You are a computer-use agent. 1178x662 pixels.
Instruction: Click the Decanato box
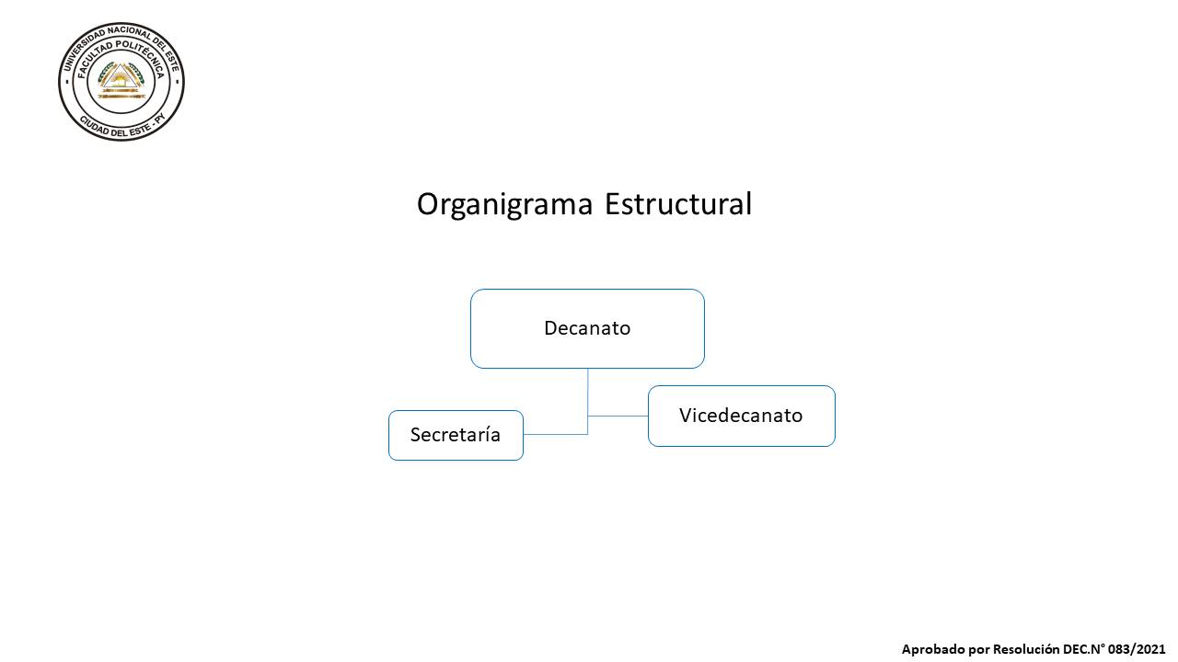point(587,328)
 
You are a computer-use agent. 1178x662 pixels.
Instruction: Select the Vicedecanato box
point(742,417)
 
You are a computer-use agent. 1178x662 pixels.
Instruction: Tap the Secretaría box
point(456,436)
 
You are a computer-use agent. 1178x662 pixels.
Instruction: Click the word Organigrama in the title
point(505,204)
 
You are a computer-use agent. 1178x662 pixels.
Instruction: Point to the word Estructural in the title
point(678,204)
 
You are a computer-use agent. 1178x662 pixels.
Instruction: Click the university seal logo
point(121,82)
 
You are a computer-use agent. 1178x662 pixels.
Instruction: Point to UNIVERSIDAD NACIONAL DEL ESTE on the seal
point(121,40)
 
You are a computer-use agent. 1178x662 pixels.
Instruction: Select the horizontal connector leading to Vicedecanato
point(618,417)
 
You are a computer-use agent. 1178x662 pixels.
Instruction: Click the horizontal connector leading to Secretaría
point(555,435)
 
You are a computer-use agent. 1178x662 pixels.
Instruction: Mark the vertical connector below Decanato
point(587,402)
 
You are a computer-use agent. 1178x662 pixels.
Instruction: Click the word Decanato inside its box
point(587,328)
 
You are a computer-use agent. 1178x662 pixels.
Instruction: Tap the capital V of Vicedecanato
point(686,415)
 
